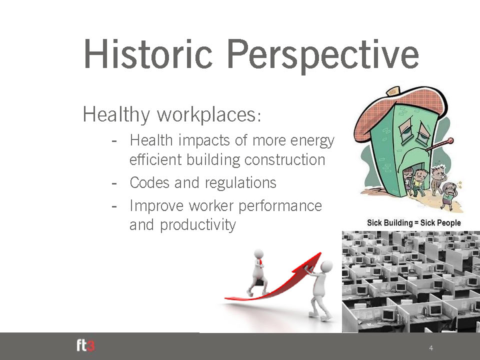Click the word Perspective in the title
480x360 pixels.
coord(322,56)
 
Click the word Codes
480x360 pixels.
coord(149,182)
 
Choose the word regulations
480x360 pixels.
coord(240,183)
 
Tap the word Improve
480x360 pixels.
coord(156,205)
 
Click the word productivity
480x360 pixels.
coord(198,225)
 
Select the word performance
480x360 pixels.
coord(280,205)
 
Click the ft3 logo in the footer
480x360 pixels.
coord(85,345)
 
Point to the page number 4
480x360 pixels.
coord(431,348)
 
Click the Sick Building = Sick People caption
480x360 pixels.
coord(414,222)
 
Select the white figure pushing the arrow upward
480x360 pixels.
coord(320,289)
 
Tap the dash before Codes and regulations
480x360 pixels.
coord(114,183)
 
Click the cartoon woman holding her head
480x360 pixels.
coord(449,196)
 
